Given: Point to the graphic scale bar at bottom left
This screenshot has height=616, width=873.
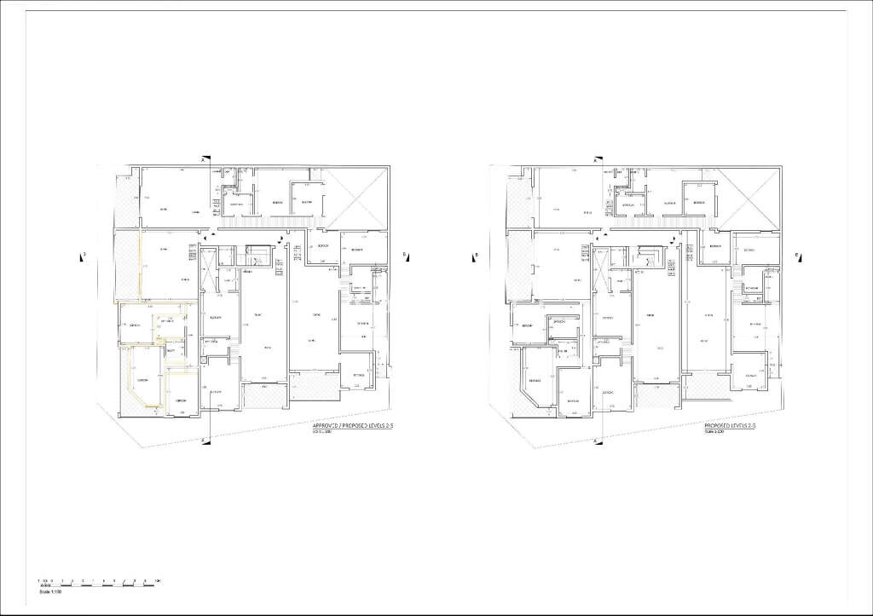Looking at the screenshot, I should [99, 582].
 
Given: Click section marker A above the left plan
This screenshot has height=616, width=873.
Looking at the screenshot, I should [202, 160].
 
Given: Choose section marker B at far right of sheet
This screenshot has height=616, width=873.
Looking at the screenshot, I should [796, 254].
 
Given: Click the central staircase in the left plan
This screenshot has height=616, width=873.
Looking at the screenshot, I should [257, 255].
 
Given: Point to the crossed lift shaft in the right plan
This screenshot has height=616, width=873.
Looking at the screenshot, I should [602, 271].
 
